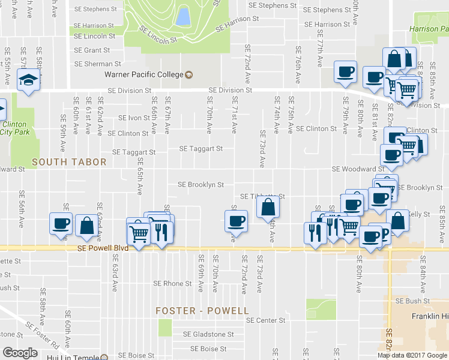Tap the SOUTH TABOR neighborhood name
(x=69, y=162)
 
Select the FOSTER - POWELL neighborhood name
(x=202, y=311)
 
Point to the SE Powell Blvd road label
(x=104, y=248)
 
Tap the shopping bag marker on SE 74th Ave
(x=268, y=208)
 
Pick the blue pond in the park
(x=182, y=16)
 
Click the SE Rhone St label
(x=172, y=283)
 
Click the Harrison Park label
(x=428, y=29)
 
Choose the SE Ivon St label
(x=133, y=118)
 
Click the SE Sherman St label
(x=97, y=64)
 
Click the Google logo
(x=19, y=353)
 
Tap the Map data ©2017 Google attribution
(x=412, y=355)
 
